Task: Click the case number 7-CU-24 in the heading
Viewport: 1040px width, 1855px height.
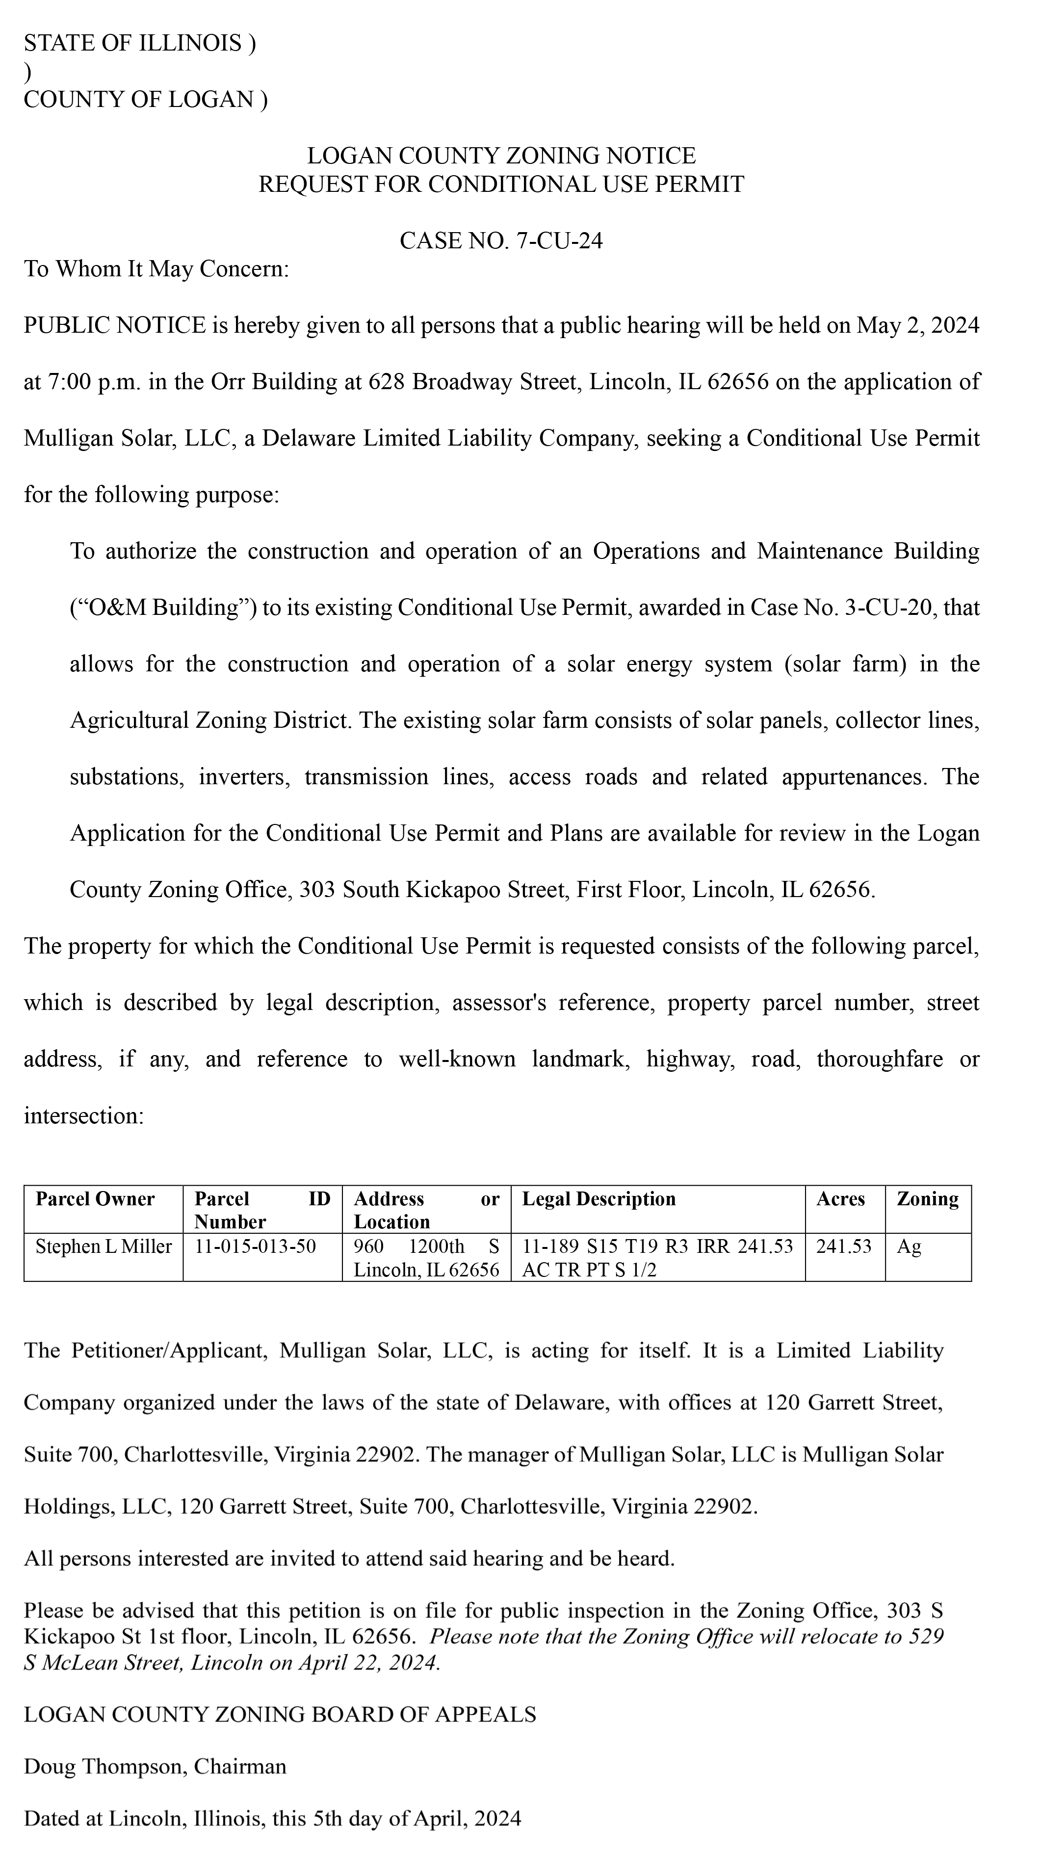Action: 559,240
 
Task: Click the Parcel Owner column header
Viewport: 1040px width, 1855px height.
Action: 95,1199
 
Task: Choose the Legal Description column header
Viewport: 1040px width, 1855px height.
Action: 599,1199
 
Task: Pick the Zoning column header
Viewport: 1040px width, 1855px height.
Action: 927,1199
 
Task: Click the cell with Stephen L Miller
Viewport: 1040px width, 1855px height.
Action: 104,1246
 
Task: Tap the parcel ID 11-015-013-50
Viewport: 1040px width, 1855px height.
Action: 256,1246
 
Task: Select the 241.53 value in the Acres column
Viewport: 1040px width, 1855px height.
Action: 843,1246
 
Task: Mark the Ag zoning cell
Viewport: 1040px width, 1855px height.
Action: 909,1246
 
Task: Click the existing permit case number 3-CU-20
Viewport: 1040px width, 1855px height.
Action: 890,608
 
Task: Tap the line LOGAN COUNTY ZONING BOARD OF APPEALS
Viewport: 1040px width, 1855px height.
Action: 280,1715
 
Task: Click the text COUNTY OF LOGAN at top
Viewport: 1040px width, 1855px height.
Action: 138,99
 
